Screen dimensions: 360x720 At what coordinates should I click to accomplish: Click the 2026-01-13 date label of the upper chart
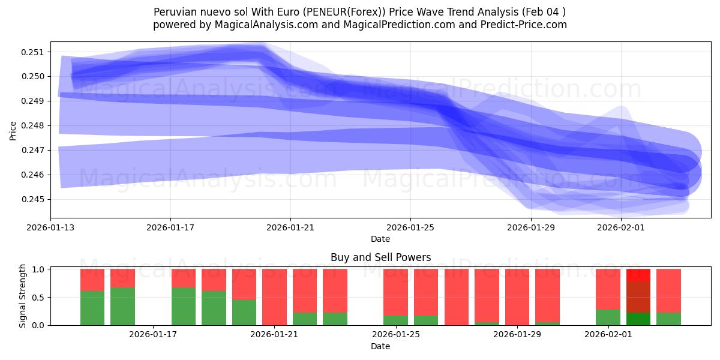[x=50, y=227]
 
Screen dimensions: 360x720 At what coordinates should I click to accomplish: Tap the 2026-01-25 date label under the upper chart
[x=410, y=227]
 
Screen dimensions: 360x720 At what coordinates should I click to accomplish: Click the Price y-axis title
[x=13, y=130]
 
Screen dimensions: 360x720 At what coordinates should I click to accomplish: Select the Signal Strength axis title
[x=22, y=296]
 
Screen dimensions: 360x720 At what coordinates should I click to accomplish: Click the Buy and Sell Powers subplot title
[x=380, y=257]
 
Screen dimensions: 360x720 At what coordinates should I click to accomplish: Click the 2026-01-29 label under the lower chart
[x=517, y=335]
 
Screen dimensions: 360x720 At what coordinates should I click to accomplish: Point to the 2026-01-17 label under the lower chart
[x=153, y=335]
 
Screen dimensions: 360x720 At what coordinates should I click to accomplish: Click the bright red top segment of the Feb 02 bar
[x=638, y=275]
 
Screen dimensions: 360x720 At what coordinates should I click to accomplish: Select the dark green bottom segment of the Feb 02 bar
[x=638, y=319]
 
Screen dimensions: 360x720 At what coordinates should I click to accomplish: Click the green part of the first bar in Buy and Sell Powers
[x=92, y=308]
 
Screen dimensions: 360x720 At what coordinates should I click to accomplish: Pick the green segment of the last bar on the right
[x=668, y=319]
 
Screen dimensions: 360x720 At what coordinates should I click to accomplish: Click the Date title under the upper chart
[x=380, y=239]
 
